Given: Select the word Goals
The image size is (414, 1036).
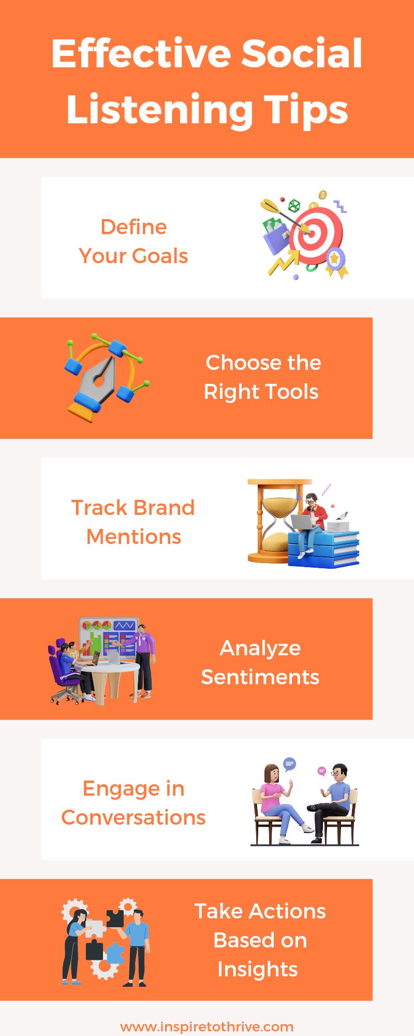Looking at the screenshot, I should (x=159, y=256).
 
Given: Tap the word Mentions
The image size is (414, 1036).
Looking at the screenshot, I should (x=134, y=537).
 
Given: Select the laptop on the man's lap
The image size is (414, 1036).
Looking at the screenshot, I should (x=304, y=522).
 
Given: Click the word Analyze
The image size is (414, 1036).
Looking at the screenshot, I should (x=260, y=648).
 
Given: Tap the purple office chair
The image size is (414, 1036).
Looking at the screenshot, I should (x=61, y=673).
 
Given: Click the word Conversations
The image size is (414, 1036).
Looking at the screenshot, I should (x=134, y=817).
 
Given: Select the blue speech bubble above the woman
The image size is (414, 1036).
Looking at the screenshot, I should (x=289, y=764).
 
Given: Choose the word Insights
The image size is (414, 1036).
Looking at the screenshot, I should (x=258, y=969).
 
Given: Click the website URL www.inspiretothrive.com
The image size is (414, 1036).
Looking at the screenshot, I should (x=207, y=1026).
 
